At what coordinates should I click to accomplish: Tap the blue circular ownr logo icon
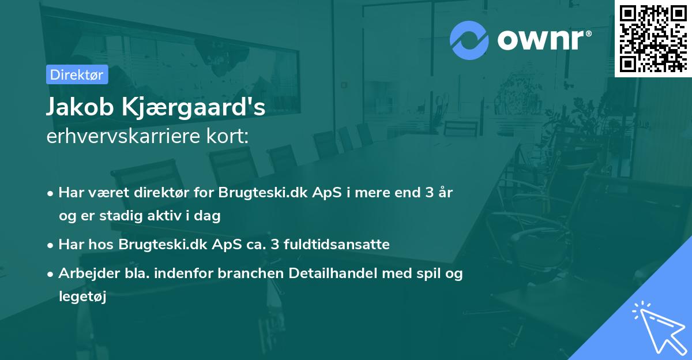469,40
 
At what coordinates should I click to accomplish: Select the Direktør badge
77,74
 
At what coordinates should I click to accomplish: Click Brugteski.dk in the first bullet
252,192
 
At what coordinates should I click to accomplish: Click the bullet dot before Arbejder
51,275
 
